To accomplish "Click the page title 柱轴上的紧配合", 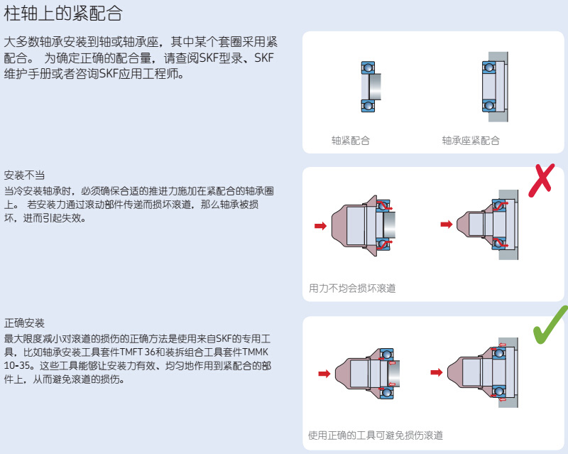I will click(63, 12).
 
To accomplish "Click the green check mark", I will click(550, 325).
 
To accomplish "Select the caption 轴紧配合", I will click(350, 141).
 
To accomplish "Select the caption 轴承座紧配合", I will click(470, 141).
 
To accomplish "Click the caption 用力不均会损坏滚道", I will click(352, 288).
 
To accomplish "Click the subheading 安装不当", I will click(24, 175).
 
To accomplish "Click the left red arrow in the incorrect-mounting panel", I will click(320, 226).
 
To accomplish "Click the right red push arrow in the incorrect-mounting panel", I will click(446, 225).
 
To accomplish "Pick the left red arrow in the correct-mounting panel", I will click(324, 373).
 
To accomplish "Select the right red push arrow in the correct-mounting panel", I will click(438, 372).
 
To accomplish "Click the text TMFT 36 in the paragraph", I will click(138, 352).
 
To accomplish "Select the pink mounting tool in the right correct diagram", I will click(469, 372).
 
